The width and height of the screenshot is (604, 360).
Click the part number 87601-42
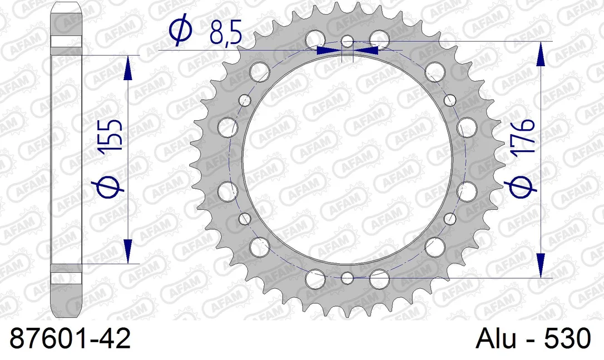click(x=70, y=338)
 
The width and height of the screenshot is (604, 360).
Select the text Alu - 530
click(x=533, y=338)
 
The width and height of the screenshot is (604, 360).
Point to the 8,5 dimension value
click(x=226, y=33)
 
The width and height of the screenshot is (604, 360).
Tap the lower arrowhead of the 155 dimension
click(x=128, y=251)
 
